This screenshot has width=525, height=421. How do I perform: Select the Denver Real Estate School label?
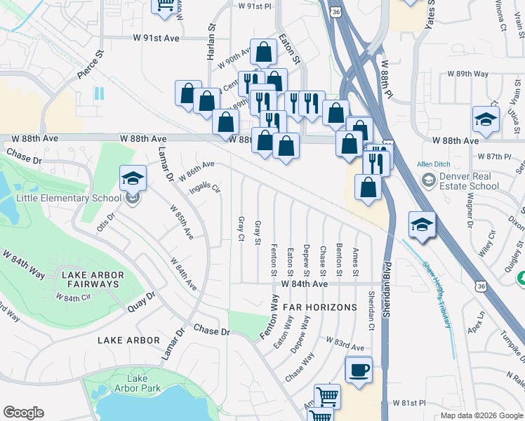(x=467, y=181)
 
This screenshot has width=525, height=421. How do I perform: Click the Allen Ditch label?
(x=433, y=163)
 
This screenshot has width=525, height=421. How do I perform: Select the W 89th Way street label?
(x=468, y=74)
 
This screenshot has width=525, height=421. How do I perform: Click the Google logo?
(x=23, y=413)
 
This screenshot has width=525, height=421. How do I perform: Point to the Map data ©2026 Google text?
(x=481, y=415)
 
